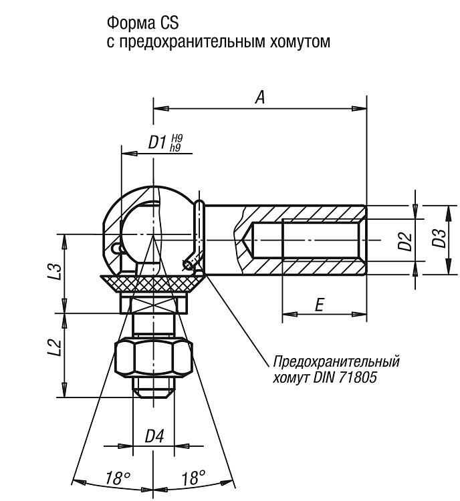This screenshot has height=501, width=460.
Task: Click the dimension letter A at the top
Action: [260, 97]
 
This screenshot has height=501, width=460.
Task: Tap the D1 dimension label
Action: [158, 142]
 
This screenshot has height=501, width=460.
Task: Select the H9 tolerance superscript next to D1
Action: [177, 139]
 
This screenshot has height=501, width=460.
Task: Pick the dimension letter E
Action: [319, 305]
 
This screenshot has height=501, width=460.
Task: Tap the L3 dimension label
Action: [55, 271]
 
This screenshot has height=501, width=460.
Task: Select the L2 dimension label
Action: [55, 347]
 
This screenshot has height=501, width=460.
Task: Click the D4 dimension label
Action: [154, 436]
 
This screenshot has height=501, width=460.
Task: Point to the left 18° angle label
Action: [118, 478]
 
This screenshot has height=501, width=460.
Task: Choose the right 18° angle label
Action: [193, 478]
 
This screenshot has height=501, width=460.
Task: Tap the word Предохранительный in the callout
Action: [336, 362]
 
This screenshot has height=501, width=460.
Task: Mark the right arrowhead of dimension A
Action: [359, 109]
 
